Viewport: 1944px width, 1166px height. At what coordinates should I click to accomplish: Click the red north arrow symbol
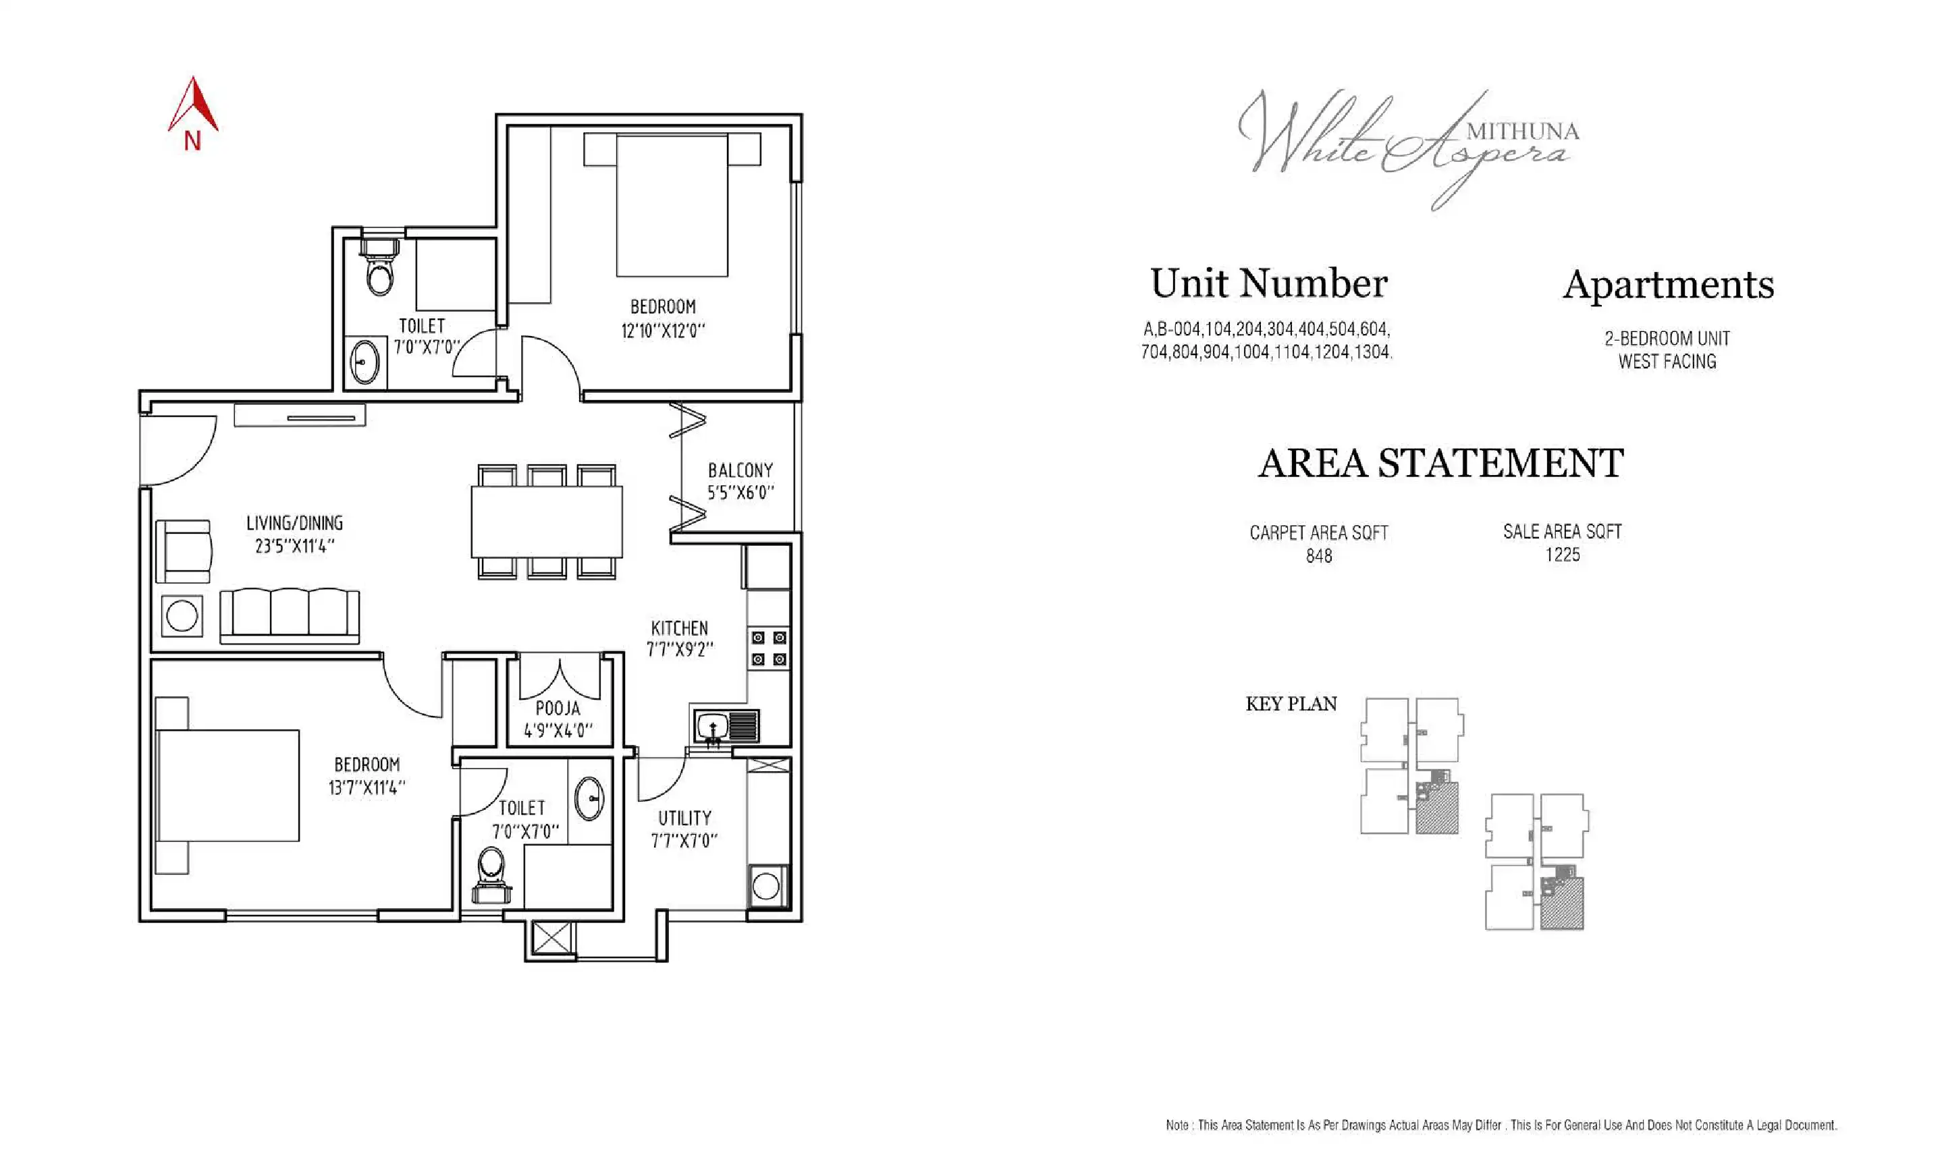click(192, 106)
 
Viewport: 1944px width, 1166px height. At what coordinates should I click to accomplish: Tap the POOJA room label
click(557, 708)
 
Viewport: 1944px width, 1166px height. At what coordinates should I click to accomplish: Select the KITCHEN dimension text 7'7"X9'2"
click(680, 650)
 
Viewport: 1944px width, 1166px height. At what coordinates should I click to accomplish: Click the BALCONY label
click(740, 470)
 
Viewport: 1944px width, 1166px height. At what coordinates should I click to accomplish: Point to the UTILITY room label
click(684, 818)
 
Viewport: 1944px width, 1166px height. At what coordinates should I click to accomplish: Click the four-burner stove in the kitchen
click(767, 648)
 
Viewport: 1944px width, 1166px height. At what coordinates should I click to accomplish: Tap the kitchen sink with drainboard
click(727, 726)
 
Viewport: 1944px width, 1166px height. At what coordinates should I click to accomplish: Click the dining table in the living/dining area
click(546, 522)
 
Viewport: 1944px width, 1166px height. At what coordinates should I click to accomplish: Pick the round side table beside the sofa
click(182, 616)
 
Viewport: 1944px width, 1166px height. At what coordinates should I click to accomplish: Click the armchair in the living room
click(183, 551)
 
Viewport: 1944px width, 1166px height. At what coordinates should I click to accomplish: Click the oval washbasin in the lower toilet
click(589, 798)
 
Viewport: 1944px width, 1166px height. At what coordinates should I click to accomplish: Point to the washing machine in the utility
click(766, 886)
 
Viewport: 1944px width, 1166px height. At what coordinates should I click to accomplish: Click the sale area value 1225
click(1562, 555)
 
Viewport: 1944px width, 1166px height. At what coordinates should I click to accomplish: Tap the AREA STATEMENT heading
click(1440, 463)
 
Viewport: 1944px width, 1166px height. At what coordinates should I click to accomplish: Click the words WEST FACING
click(1667, 362)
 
